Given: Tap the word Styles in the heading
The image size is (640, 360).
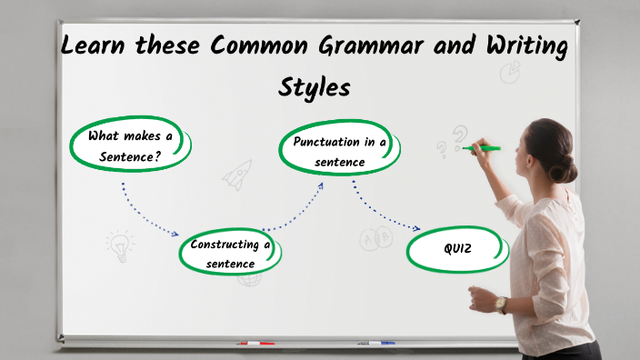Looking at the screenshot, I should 314,89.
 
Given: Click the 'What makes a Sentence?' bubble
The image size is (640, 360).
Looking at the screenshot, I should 130,145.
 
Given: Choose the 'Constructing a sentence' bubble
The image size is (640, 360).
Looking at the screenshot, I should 231,253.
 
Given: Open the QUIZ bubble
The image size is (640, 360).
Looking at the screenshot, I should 458,247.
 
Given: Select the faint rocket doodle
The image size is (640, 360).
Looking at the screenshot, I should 237,175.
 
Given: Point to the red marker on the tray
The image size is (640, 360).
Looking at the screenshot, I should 255,343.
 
